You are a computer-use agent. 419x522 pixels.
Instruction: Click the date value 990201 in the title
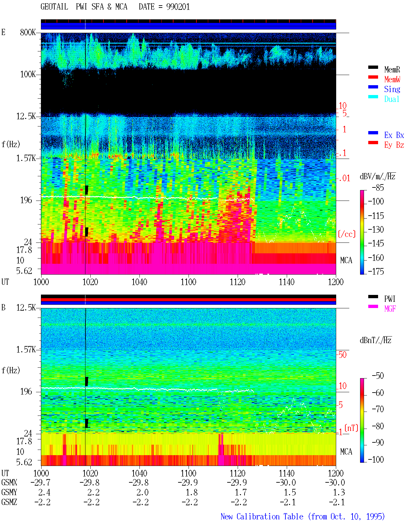(x=178, y=7)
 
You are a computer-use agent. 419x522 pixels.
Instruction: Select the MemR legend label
(x=392, y=69)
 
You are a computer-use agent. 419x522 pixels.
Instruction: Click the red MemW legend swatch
(x=373, y=77)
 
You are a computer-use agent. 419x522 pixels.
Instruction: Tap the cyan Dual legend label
(x=392, y=99)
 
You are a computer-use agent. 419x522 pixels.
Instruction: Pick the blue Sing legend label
(x=392, y=89)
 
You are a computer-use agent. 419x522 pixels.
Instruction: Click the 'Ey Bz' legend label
(x=394, y=145)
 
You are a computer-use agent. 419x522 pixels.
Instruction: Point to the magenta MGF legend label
(x=390, y=309)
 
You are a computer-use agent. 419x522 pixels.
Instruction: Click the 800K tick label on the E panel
(x=28, y=32)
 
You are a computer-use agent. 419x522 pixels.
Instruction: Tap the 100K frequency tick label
(x=28, y=74)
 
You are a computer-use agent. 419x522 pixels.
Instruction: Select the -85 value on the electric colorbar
(x=378, y=187)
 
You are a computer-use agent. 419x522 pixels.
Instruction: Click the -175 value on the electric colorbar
(x=376, y=271)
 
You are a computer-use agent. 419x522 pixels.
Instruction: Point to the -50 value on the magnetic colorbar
(x=378, y=376)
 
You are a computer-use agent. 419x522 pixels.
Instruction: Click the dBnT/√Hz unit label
(x=375, y=340)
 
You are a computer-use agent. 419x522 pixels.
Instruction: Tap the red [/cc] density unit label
(x=347, y=234)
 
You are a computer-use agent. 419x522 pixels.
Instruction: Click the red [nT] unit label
(x=351, y=428)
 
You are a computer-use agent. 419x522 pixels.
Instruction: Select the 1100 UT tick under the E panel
(x=188, y=282)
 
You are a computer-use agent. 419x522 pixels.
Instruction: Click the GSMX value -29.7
(x=41, y=482)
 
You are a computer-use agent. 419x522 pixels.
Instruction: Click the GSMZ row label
(x=9, y=502)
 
